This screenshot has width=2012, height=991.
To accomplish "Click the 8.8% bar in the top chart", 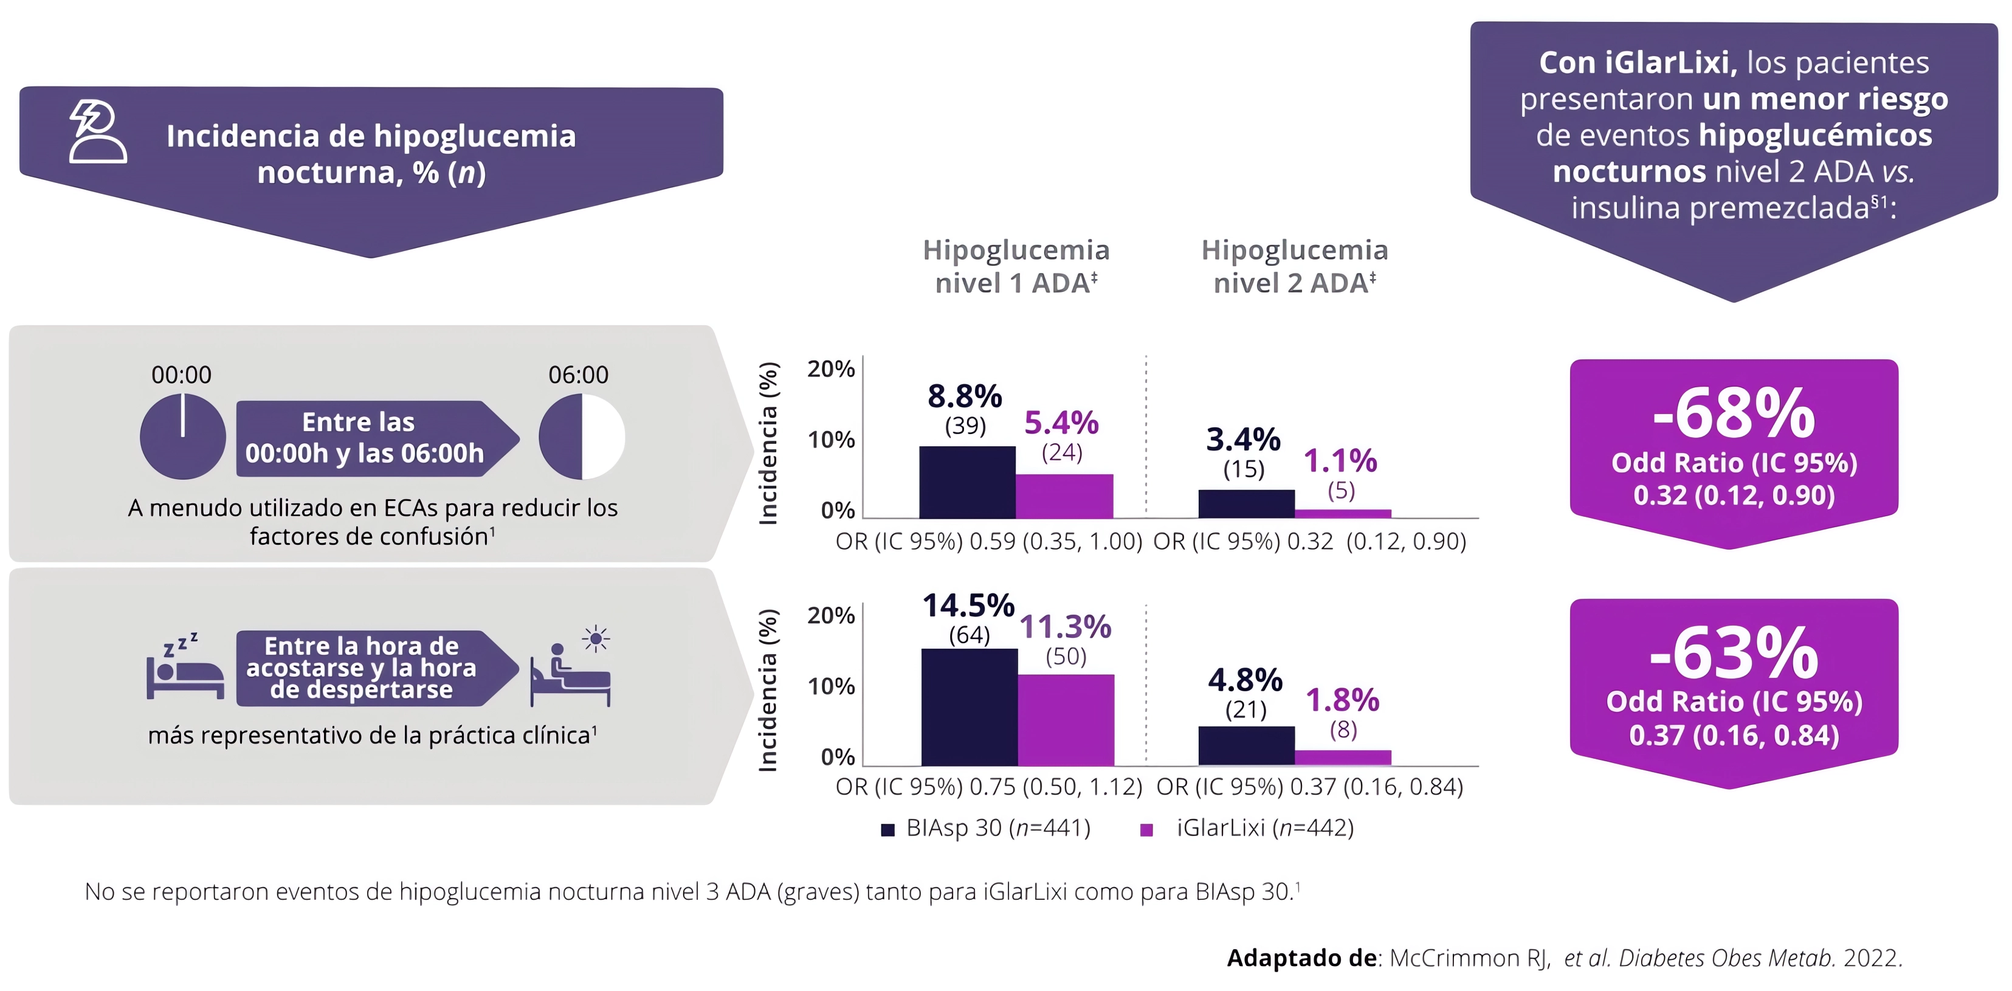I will (x=967, y=482).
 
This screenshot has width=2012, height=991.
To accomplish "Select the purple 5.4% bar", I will (x=1064, y=496).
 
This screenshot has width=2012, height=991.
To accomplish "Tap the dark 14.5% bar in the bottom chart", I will (x=970, y=706).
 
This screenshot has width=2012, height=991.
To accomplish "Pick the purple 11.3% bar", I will (x=1066, y=719).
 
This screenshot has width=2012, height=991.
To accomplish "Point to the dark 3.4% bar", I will (x=1245, y=503).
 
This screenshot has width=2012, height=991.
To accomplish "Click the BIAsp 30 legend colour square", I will (x=887, y=829).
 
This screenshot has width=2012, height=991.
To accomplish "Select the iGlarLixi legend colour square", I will (x=1146, y=829).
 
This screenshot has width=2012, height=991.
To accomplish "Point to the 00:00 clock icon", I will (x=183, y=436).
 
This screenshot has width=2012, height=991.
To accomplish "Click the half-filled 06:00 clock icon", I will (x=582, y=436).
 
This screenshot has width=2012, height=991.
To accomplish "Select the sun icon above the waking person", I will (x=596, y=639).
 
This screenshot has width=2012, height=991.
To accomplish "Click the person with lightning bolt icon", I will (x=97, y=131).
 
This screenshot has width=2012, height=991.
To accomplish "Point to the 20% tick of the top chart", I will (x=831, y=368).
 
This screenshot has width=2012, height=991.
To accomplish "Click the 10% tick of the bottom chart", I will (x=831, y=686).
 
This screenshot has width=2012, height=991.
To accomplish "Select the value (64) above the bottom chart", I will (x=970, y=635).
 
